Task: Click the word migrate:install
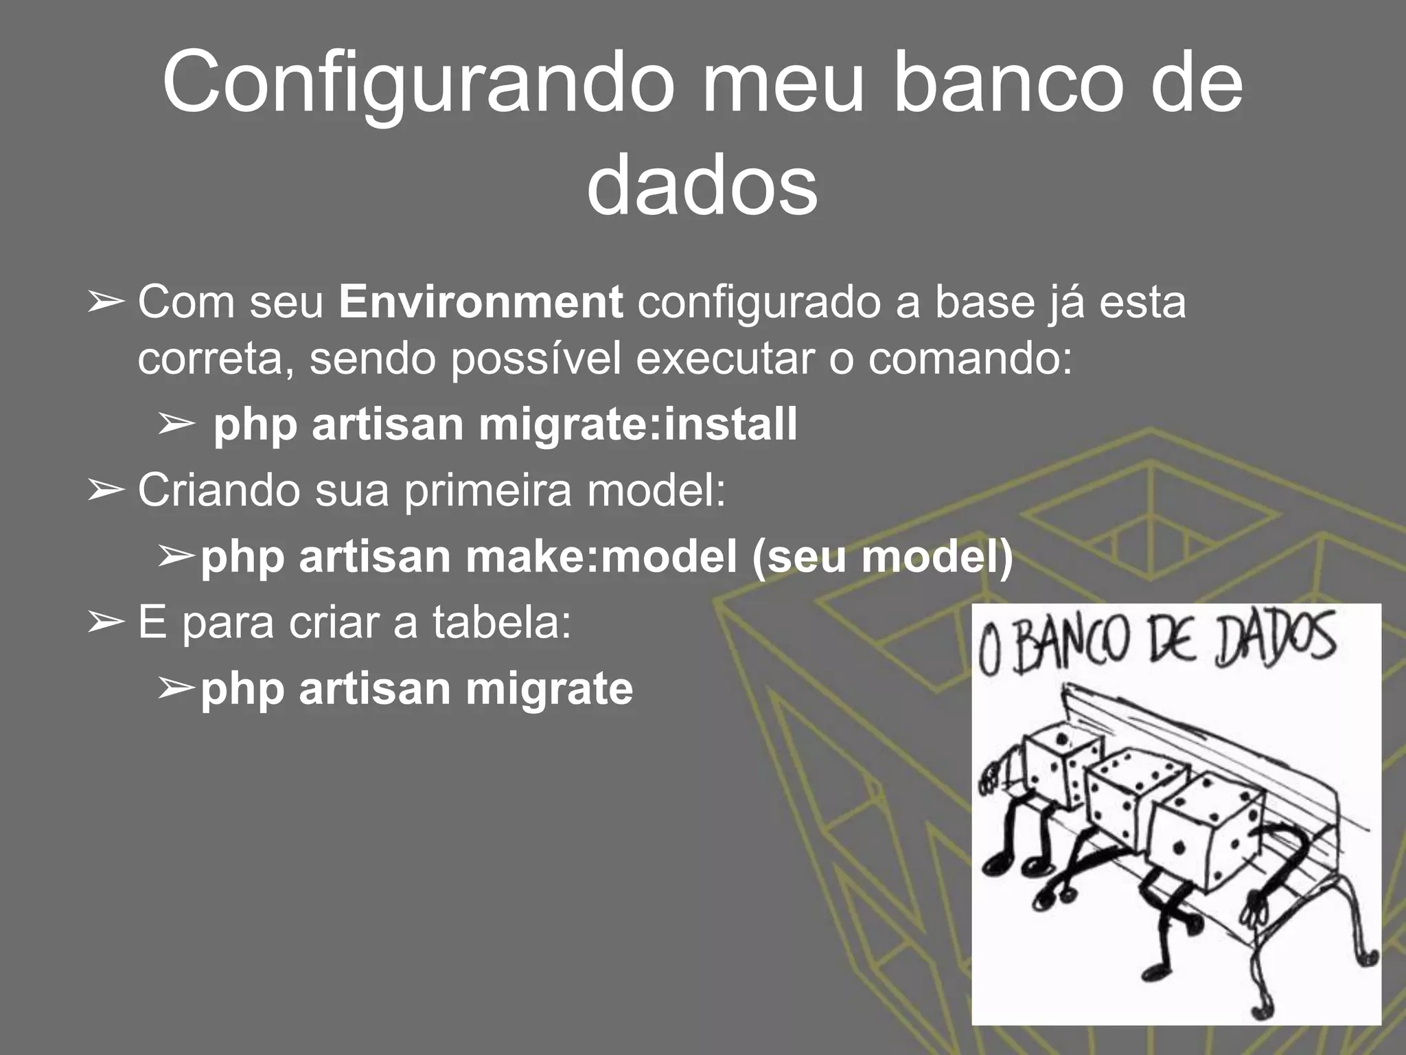pyautogui.click(x=638, y=424)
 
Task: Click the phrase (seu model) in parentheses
pyautogui.click(x=882, y=556)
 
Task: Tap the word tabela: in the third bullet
pyautogui.click(x=502, y=622)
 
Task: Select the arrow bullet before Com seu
pyautogui.click(x=106, y=302)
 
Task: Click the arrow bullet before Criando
pyautogui.click(x=106, y=490)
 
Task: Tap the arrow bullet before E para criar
pyautogui.click(x=106, y=622)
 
